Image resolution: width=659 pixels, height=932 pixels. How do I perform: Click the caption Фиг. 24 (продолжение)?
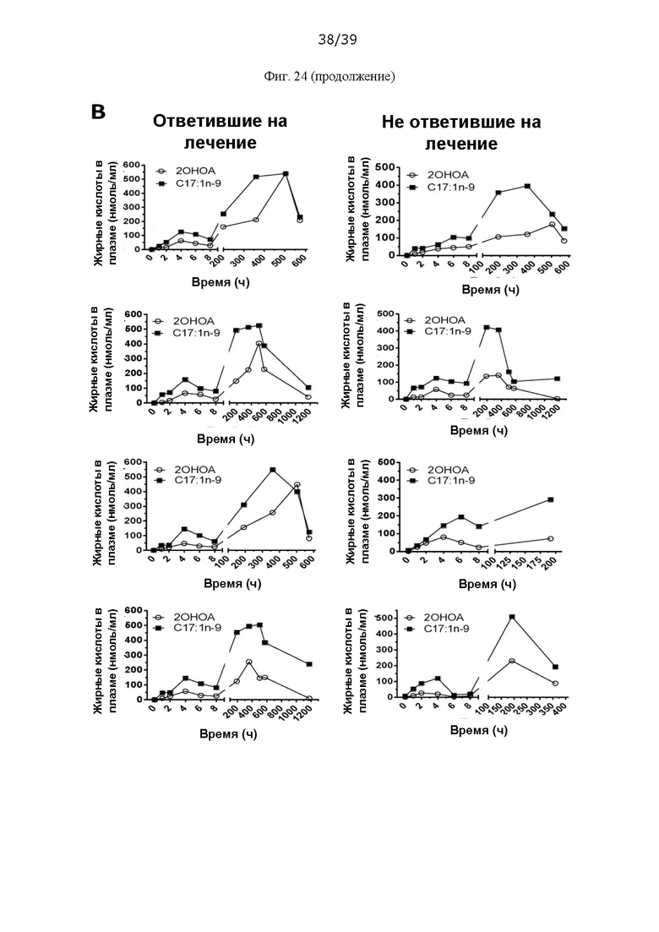329,77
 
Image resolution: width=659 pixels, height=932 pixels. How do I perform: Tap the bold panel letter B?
98,112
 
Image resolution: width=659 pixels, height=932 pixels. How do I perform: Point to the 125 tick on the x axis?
504,563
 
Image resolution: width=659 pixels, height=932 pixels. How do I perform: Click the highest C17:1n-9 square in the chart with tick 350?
512,617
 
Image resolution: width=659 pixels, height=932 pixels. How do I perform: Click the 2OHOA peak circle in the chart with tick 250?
512,661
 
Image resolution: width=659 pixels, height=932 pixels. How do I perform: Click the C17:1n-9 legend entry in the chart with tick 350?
438,629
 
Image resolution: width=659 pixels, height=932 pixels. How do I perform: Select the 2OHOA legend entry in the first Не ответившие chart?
438,175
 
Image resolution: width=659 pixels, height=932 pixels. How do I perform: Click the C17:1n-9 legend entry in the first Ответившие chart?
189,183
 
